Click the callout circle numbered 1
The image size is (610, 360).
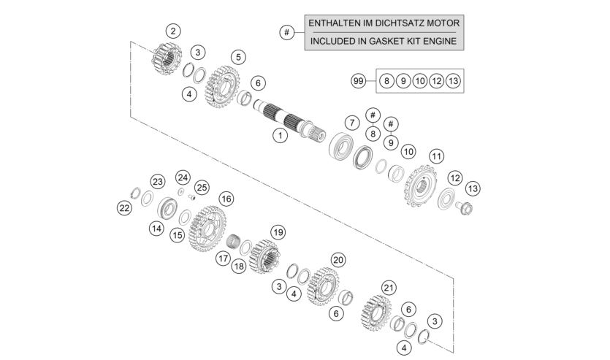tap(280, 135)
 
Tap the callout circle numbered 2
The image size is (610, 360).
tap(173, 31)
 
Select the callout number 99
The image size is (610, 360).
tap(358, 81)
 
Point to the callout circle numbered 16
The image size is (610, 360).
tap(226, 199)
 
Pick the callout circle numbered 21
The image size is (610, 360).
tap(388, 288)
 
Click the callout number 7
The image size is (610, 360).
tap(352, 123)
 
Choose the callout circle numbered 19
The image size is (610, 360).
tap(278, 232)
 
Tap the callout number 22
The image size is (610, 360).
tap(124, 208)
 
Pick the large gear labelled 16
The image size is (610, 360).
tap(207, 229)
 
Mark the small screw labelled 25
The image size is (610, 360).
tap(192, 197)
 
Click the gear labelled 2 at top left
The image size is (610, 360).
tap(167, 58)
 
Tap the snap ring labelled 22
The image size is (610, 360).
tap(135, 193)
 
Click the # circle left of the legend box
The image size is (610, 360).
tap(286, 32)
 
